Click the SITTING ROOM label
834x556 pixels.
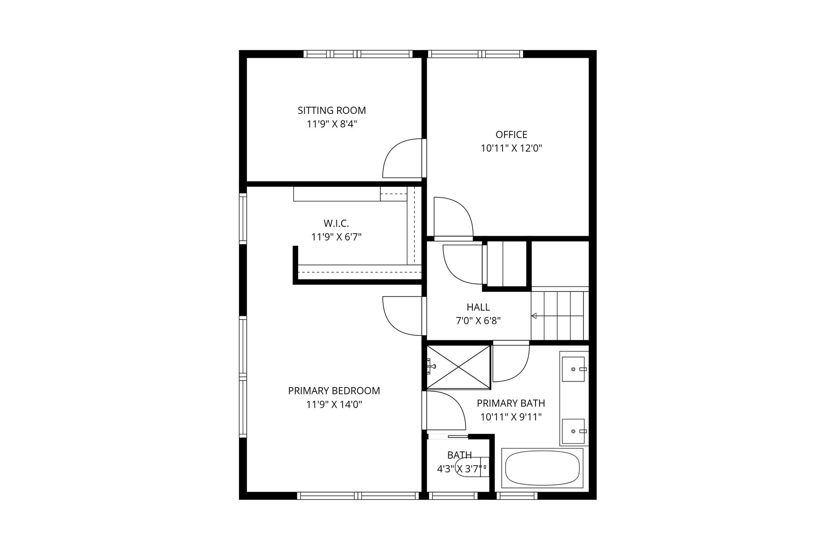pyautogui.click(x=331, y=110)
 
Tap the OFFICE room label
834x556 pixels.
pyautogui.click(x=511, y=134)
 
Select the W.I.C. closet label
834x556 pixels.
pyautogui.click(x=336, y=223)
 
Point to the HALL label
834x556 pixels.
pyautogui.click(x=478, y=307)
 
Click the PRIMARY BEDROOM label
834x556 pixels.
pyautogui.click(x=334, y=391)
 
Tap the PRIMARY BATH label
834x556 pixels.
pyautogui.click(x=511, y=403)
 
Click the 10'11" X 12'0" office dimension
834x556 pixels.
pyautogui.click(x=511, y=148)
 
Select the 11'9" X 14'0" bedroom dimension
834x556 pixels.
pyautogui.click(x=334, y=405)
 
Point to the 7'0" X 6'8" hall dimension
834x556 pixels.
pyautogui.click(x=478, y=321)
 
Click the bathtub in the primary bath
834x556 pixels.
pyautogui.click(x=542, y=468)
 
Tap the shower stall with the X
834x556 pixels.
pyautogui.click(x=459, y=367)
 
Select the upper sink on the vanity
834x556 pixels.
pyautogui.click(x=573, y=369)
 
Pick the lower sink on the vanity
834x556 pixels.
pyautogui.click(x=573, y=431)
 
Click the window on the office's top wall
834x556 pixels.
pyautogui.click(x=475, y=54)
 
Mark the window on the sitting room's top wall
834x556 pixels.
pyautogui.click(x=358, y=54)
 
